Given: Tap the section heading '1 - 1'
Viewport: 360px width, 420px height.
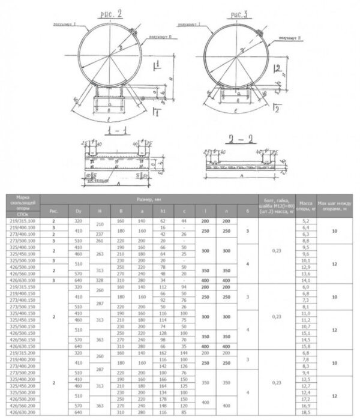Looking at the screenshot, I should click(112, 131).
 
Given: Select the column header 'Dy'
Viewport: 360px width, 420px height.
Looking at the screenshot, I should click(77, 211).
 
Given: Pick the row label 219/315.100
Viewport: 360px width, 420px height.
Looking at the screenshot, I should click(23, 221).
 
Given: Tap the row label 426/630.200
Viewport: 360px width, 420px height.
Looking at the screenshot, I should click(23, 413).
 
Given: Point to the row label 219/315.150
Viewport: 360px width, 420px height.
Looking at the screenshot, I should click(23, 287).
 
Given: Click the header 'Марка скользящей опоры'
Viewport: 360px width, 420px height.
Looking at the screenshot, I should click(23, 203).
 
